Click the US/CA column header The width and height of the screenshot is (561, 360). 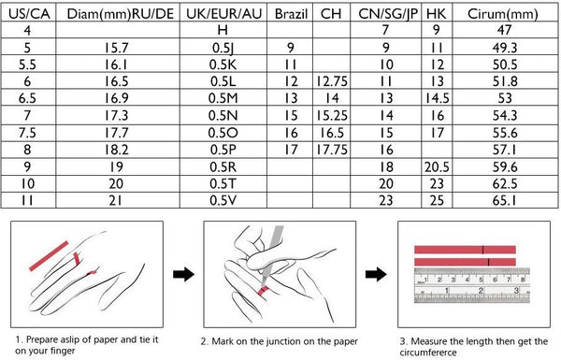[x=29, y=14]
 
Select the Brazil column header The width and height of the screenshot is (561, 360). [x=291, y=14]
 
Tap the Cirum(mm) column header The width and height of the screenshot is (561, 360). [x=502, y=14]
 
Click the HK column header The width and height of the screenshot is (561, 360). [x=436, y=14]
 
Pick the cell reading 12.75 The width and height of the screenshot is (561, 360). [x=332, y=81]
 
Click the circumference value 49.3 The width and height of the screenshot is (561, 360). [x=505, y=48]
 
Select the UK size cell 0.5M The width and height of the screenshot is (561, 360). [x=223, y=98]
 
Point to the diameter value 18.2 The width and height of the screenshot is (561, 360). [x=116, y=150]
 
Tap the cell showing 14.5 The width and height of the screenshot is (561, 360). [x=437, y=98]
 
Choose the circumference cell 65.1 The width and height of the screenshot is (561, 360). [x=505, y=200]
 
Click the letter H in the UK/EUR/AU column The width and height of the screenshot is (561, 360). [x=223, y=30]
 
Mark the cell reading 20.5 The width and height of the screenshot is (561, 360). [x=437, y=167]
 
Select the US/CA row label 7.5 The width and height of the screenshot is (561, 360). [x=27, y=133]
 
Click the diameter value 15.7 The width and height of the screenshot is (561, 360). [x=116, y=48]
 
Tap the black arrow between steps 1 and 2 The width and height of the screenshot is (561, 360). [x=183, y=275]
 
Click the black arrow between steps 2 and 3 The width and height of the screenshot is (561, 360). [x=376, y=275]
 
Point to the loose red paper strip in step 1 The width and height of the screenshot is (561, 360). [x=49, y=256]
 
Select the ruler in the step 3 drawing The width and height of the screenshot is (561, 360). [x=472, y=285]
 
